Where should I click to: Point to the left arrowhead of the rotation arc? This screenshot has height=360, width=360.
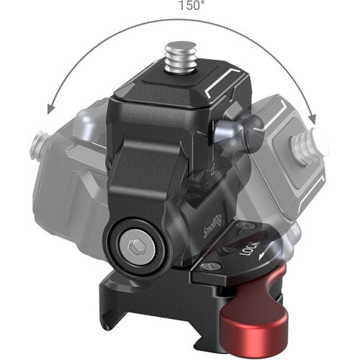(51, 109)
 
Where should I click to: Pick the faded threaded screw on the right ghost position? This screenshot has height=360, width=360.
(309, 145)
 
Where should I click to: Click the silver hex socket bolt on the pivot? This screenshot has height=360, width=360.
(137, 247)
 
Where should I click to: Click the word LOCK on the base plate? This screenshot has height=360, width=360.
(250, 248)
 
